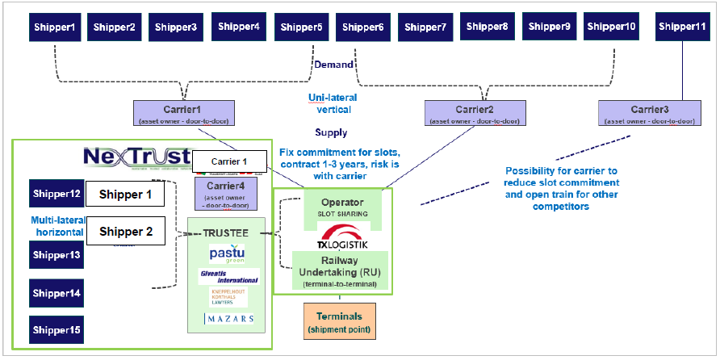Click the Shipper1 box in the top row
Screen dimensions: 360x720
pos(56,27)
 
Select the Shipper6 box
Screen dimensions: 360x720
pos(362,27)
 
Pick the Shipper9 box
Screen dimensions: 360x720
pos(550,27)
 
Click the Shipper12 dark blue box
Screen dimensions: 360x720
pos(56,194)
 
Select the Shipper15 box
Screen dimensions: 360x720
pos(56,329)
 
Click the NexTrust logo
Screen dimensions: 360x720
pos(137,157)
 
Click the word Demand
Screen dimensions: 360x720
pos(334,65)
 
